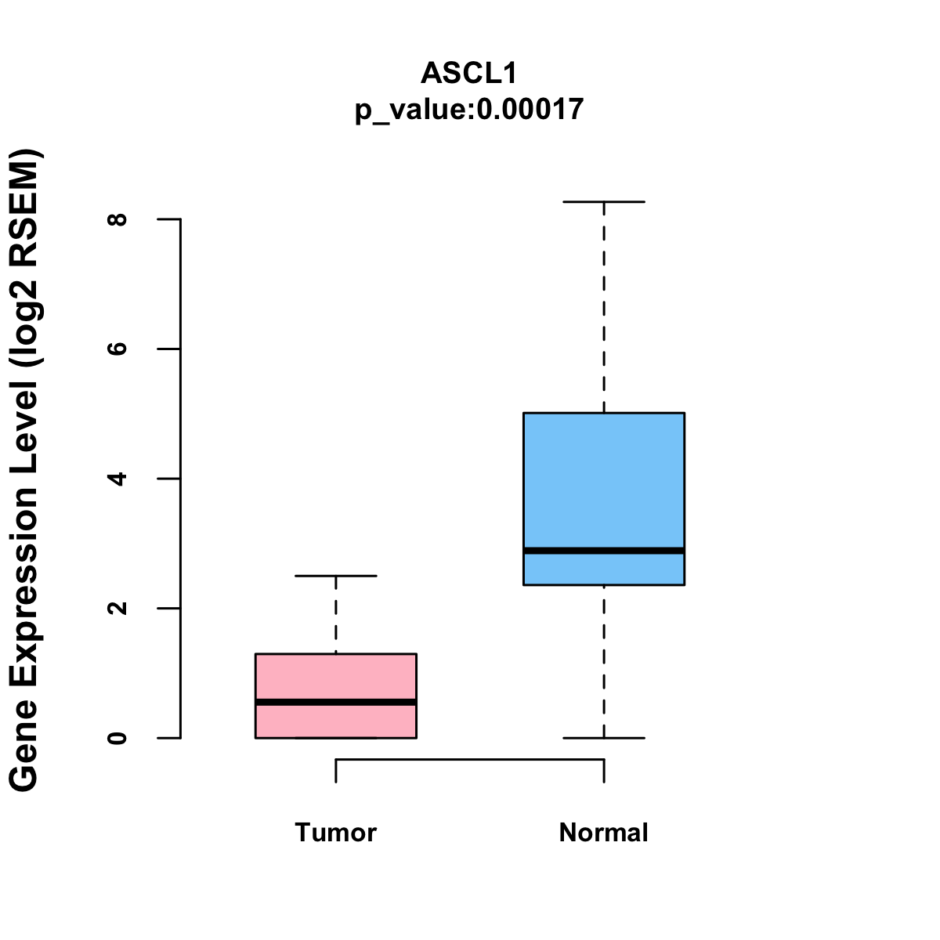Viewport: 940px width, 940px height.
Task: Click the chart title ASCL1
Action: tap(469, 73)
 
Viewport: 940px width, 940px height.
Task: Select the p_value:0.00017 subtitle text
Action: tap(469, 109)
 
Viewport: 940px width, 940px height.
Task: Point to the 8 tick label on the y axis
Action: tap(118, 219)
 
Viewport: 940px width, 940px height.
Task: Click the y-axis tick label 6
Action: tap(118, 349)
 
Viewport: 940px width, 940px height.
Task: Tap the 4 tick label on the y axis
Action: tap(118, 479)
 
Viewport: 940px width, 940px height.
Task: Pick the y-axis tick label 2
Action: tap(118, 608)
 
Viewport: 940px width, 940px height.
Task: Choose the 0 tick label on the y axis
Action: tap(118, 738)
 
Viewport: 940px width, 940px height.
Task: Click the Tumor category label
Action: tap(335, 832)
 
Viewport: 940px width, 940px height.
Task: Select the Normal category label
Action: tap(603, 832)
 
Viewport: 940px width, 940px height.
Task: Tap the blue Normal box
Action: tap(603, 478)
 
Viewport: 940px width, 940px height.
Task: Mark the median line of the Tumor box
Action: tap(335, 702)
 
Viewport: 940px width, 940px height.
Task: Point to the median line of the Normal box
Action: tap(603, 551)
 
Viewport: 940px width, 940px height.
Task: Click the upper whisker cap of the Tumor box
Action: tap(335, 576)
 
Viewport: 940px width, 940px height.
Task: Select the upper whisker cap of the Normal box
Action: tap(603, 202)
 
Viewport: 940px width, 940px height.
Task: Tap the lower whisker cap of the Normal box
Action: tap(603, 738)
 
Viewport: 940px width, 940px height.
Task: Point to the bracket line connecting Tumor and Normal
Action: tap(469, 759)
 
